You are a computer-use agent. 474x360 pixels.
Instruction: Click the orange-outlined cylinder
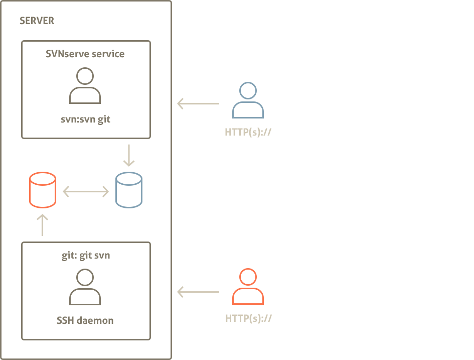(x=43, y=190)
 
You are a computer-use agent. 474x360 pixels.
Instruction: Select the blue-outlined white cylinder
(x=129, y=190)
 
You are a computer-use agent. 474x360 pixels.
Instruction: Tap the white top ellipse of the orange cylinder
(x=43, y=179)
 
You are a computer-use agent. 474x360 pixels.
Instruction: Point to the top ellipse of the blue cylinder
(x=129, y=179)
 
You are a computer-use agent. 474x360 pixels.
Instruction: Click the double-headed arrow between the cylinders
(x=86, y=191)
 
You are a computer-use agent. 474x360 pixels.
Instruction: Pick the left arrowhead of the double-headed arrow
(x=66, y=191)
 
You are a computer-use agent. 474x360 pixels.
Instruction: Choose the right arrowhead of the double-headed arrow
(x=106, y=191)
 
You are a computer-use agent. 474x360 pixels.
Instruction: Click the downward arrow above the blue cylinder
(x=129, y=155)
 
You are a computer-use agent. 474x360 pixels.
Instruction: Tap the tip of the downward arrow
(x=129, y=165)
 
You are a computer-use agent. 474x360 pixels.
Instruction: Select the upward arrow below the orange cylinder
(x=42, y=226)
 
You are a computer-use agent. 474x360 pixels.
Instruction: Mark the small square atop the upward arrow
(x=44, y=217)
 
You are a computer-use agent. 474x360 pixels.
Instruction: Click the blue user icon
(x=247, y=100)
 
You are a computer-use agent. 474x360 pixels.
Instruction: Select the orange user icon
(x=247, y=287)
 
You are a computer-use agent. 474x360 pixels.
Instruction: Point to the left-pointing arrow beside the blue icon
(x=198, y=104)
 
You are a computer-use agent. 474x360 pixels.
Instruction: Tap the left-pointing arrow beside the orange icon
(x=198, y=292)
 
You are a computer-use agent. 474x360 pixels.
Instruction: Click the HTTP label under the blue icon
(x=248, y=133)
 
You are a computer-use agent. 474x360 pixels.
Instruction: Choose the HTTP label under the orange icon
(x=248, y=318)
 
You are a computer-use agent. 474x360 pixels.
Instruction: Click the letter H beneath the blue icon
(x=228, y=133)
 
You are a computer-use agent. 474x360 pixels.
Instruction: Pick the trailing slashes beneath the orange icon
(x=268, y=318)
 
